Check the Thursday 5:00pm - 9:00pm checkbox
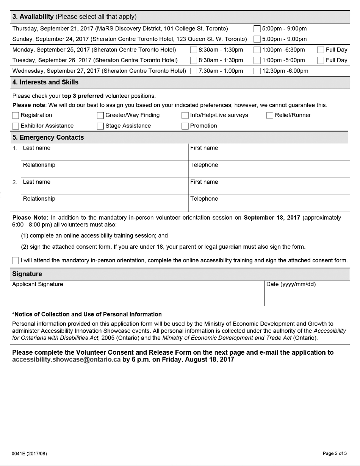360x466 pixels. coord(257,29)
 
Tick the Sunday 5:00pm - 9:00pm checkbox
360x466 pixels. coord(257,39)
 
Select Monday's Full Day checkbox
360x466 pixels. coord(321,50)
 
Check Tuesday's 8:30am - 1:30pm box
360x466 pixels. coord(194,61)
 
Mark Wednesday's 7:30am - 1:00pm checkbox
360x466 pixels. coord(194,71)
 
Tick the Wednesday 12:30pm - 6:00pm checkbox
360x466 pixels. coord(257,71)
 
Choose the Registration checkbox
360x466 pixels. coord(16,115)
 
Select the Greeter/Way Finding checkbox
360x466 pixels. coord(100,115)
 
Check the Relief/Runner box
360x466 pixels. coord(270,115)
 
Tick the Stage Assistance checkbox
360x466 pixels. coord(100,126)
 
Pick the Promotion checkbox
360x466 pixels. coord(185,126)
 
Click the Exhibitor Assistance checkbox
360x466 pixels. coord(16,126)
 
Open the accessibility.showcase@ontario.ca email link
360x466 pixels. coord(66,360)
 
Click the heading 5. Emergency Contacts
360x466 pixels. coord(48,138)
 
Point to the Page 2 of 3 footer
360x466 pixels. coord(334,454)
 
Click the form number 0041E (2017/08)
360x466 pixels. coord(30,454)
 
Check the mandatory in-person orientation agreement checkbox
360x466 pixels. coord(16,260)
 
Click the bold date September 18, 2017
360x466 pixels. coord(272,218)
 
